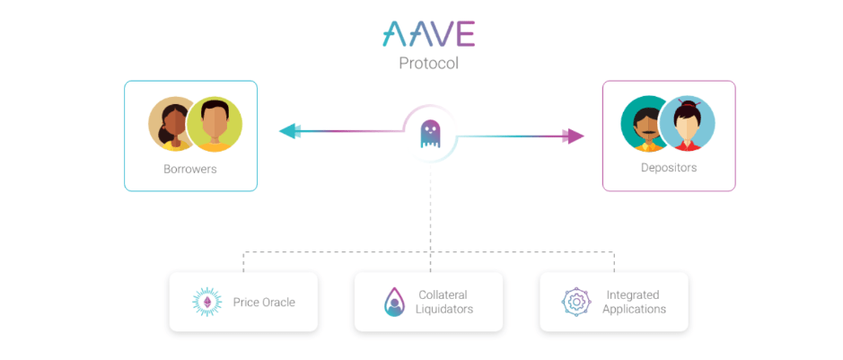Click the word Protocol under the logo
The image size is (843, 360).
428,64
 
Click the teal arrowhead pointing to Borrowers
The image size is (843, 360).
288,131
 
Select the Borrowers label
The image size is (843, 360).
189,169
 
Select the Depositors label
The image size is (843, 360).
668,168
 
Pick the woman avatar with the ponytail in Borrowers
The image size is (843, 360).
172,124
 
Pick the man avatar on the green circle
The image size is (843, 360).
215,124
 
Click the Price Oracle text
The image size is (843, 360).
264,303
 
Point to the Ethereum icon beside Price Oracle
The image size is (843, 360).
212,303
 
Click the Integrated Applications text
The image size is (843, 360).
634,302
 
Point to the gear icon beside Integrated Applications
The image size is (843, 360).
576,302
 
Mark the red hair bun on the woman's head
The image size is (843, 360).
689,102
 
